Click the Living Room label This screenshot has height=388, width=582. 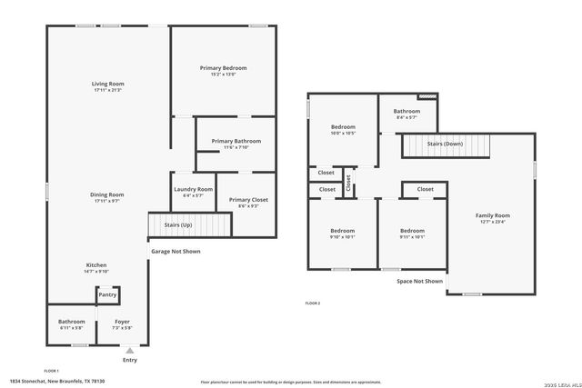tap(107, 84)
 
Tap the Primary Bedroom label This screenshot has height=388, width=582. tap(223, 68)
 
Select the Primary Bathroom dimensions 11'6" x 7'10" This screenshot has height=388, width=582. tap(236, 147)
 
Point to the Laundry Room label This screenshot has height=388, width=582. tap(193, 189)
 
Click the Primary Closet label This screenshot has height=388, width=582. tap(247, 200)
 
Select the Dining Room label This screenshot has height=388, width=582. tap(107, 194)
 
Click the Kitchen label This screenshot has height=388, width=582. tap(96, 264)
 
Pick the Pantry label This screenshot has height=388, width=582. tap(107, 294)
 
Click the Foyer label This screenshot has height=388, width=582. tap(121, 322)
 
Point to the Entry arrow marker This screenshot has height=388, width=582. tap(130, 350)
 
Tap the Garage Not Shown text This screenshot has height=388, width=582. tap(175, 252)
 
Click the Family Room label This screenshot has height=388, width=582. tap(492, 215)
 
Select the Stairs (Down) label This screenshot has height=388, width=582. tap(445, 144)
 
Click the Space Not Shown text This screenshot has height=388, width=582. tap(419, 282)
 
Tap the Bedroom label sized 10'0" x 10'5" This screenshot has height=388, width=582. tap(343, 126)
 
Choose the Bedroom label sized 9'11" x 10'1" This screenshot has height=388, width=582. tap(412, 231)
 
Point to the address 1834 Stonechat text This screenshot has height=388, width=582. tap(57, 382)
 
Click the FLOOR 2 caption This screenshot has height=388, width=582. tap(312, 303)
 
